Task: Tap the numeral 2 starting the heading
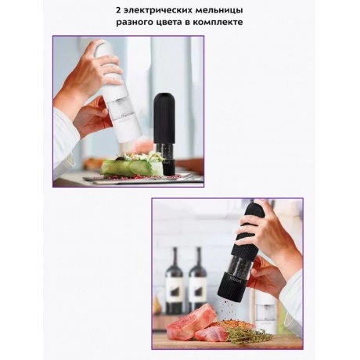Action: click(118, 10)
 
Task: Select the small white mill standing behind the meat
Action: click(265, 311)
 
